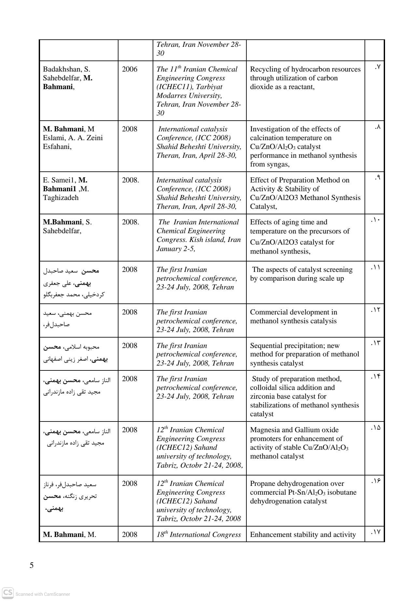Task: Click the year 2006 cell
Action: [x=130, y=69]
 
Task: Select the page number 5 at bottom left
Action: [x=32, y=565]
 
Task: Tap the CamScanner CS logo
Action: [x=8, y=593]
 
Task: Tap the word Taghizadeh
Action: [x=61, y=198]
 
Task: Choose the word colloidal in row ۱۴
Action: [x=263, y=388]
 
